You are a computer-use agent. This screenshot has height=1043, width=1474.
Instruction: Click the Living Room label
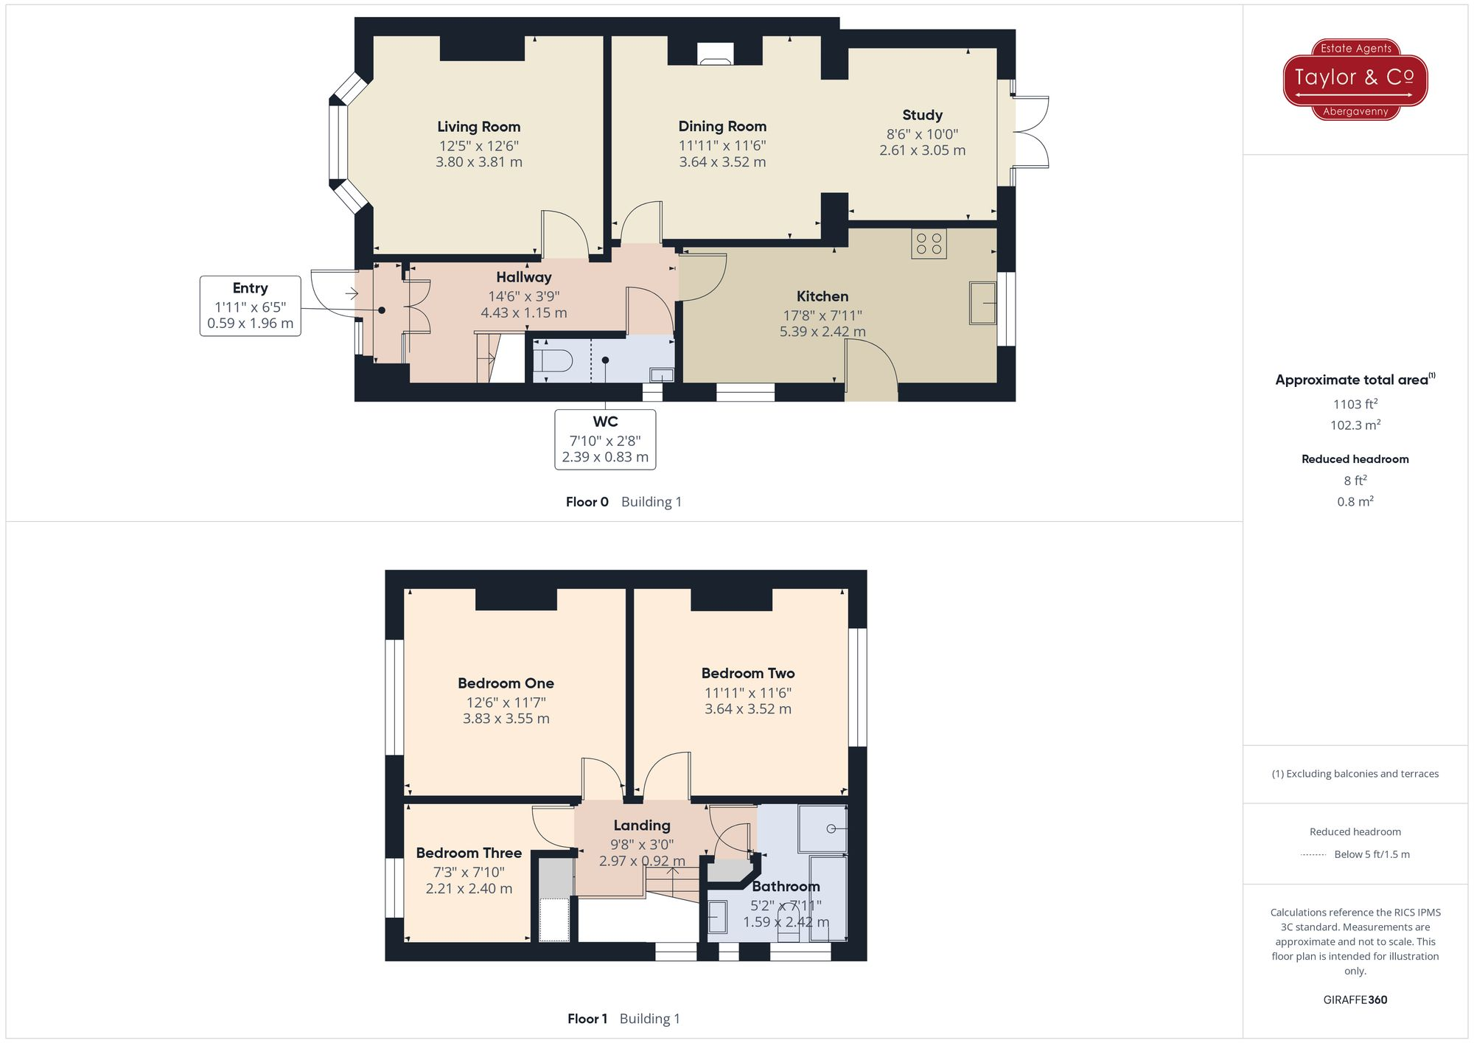[x=478, y=127]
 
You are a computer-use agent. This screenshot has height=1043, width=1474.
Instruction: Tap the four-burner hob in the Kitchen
[x=929, y=244]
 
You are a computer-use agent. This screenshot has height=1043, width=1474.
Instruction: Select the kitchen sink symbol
[x=982, y=303]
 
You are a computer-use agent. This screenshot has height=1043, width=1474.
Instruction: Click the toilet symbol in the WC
[x=553, y=361]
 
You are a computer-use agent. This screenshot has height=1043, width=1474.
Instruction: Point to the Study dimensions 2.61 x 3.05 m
[x=922, y=150]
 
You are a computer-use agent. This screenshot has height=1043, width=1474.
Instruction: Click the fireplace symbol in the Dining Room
[x=716, y=55]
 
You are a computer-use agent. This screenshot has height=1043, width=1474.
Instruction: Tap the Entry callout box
[x=250, y=306]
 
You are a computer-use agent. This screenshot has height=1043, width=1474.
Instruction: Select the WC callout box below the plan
[x=605, y=439]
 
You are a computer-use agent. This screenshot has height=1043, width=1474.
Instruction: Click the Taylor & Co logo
[x=1355, y=79]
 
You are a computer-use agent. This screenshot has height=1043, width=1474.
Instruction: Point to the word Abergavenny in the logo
[x=1355, y=112]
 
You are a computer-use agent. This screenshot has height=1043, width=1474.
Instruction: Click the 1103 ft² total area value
[x=1355, y=404]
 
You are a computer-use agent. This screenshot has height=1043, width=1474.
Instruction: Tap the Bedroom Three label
[x=469, y=853]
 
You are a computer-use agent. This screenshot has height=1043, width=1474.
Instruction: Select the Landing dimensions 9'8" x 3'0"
[x=641, y=845]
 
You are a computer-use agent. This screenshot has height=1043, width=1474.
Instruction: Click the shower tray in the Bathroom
[x=822, y=829]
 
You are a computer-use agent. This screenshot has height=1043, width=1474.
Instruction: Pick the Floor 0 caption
[x=587, y=502]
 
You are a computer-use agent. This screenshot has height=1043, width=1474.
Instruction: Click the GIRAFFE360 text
[x=1355, y=1000]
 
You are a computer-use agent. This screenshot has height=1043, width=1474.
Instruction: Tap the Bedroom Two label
[x=747, y=673]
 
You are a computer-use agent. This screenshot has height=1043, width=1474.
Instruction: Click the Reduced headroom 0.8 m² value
[x=1355, y=501]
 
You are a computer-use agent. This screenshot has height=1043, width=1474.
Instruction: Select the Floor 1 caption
[x=587, y=1019]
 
